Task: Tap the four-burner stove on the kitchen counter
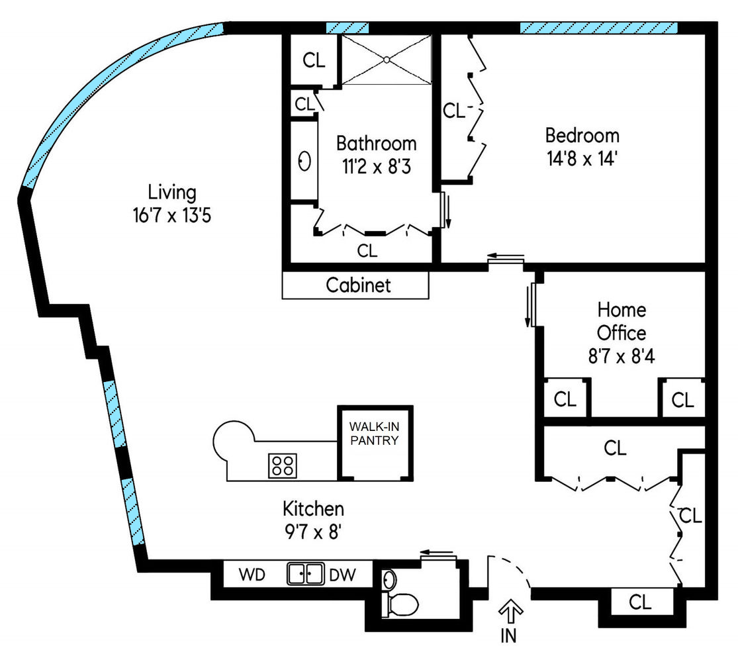click(281, 465)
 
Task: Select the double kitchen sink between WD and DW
click(305, 573)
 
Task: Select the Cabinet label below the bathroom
click(358, 285)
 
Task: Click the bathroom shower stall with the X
click(386, 60)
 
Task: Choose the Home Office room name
click(622, 320)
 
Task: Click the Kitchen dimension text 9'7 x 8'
click(313, 532)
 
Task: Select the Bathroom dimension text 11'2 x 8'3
click(376, 166)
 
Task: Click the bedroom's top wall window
click(598, 28)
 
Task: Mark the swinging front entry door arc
click(510, 569)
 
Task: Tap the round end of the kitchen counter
click(233, 442)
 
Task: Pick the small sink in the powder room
click(389, 581)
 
